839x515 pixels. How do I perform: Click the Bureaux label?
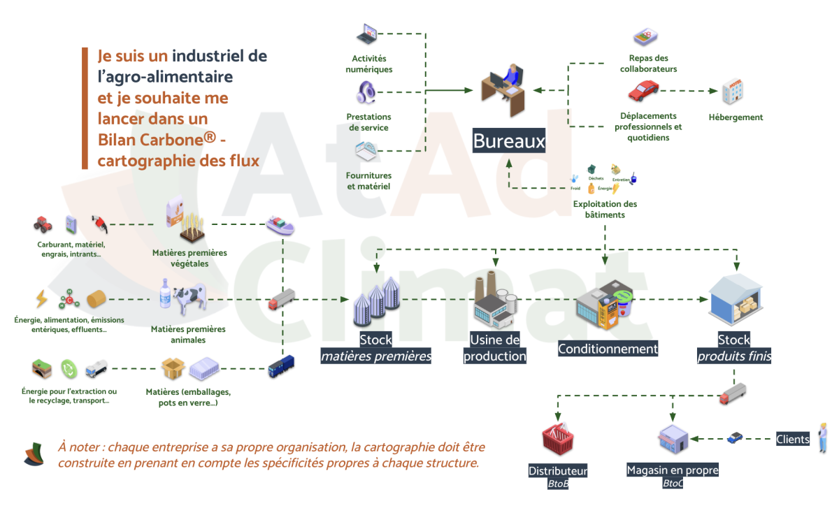tap(508, 141)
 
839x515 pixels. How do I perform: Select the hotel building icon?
tap(733, 92)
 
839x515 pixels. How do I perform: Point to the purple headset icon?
tap(367, 92)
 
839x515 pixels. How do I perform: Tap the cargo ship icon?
tap(280, 225)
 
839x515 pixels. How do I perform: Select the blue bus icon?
tap(281, 366)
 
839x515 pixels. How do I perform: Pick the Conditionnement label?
tap(608, 348)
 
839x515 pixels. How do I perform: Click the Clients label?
tap(792, 440)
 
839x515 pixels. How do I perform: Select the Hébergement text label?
tap(736, 117)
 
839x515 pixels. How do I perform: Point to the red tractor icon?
tap(43, 224)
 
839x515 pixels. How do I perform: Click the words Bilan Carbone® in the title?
tap(157, 140)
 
